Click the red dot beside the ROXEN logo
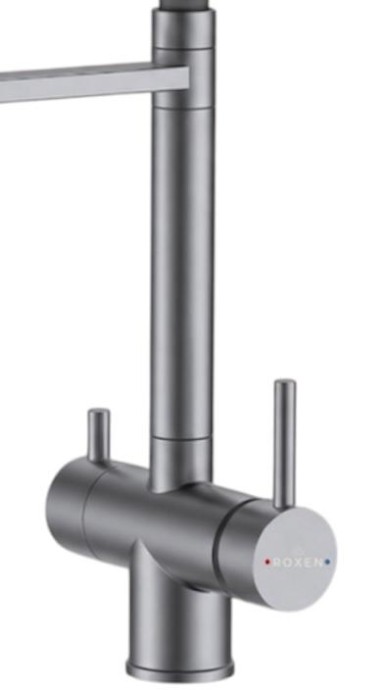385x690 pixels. [x=267, y=562]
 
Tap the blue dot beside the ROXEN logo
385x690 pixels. [x=327, y=562]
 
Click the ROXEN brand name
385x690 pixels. [x=298, y=562]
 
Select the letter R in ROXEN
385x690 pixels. [x=277, y=562]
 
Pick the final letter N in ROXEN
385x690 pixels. [x=318, y=562]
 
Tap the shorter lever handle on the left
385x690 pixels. [x=99, y=435]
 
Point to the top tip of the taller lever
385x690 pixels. [x=285, y=380]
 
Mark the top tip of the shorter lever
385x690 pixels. [x=99, y=410]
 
